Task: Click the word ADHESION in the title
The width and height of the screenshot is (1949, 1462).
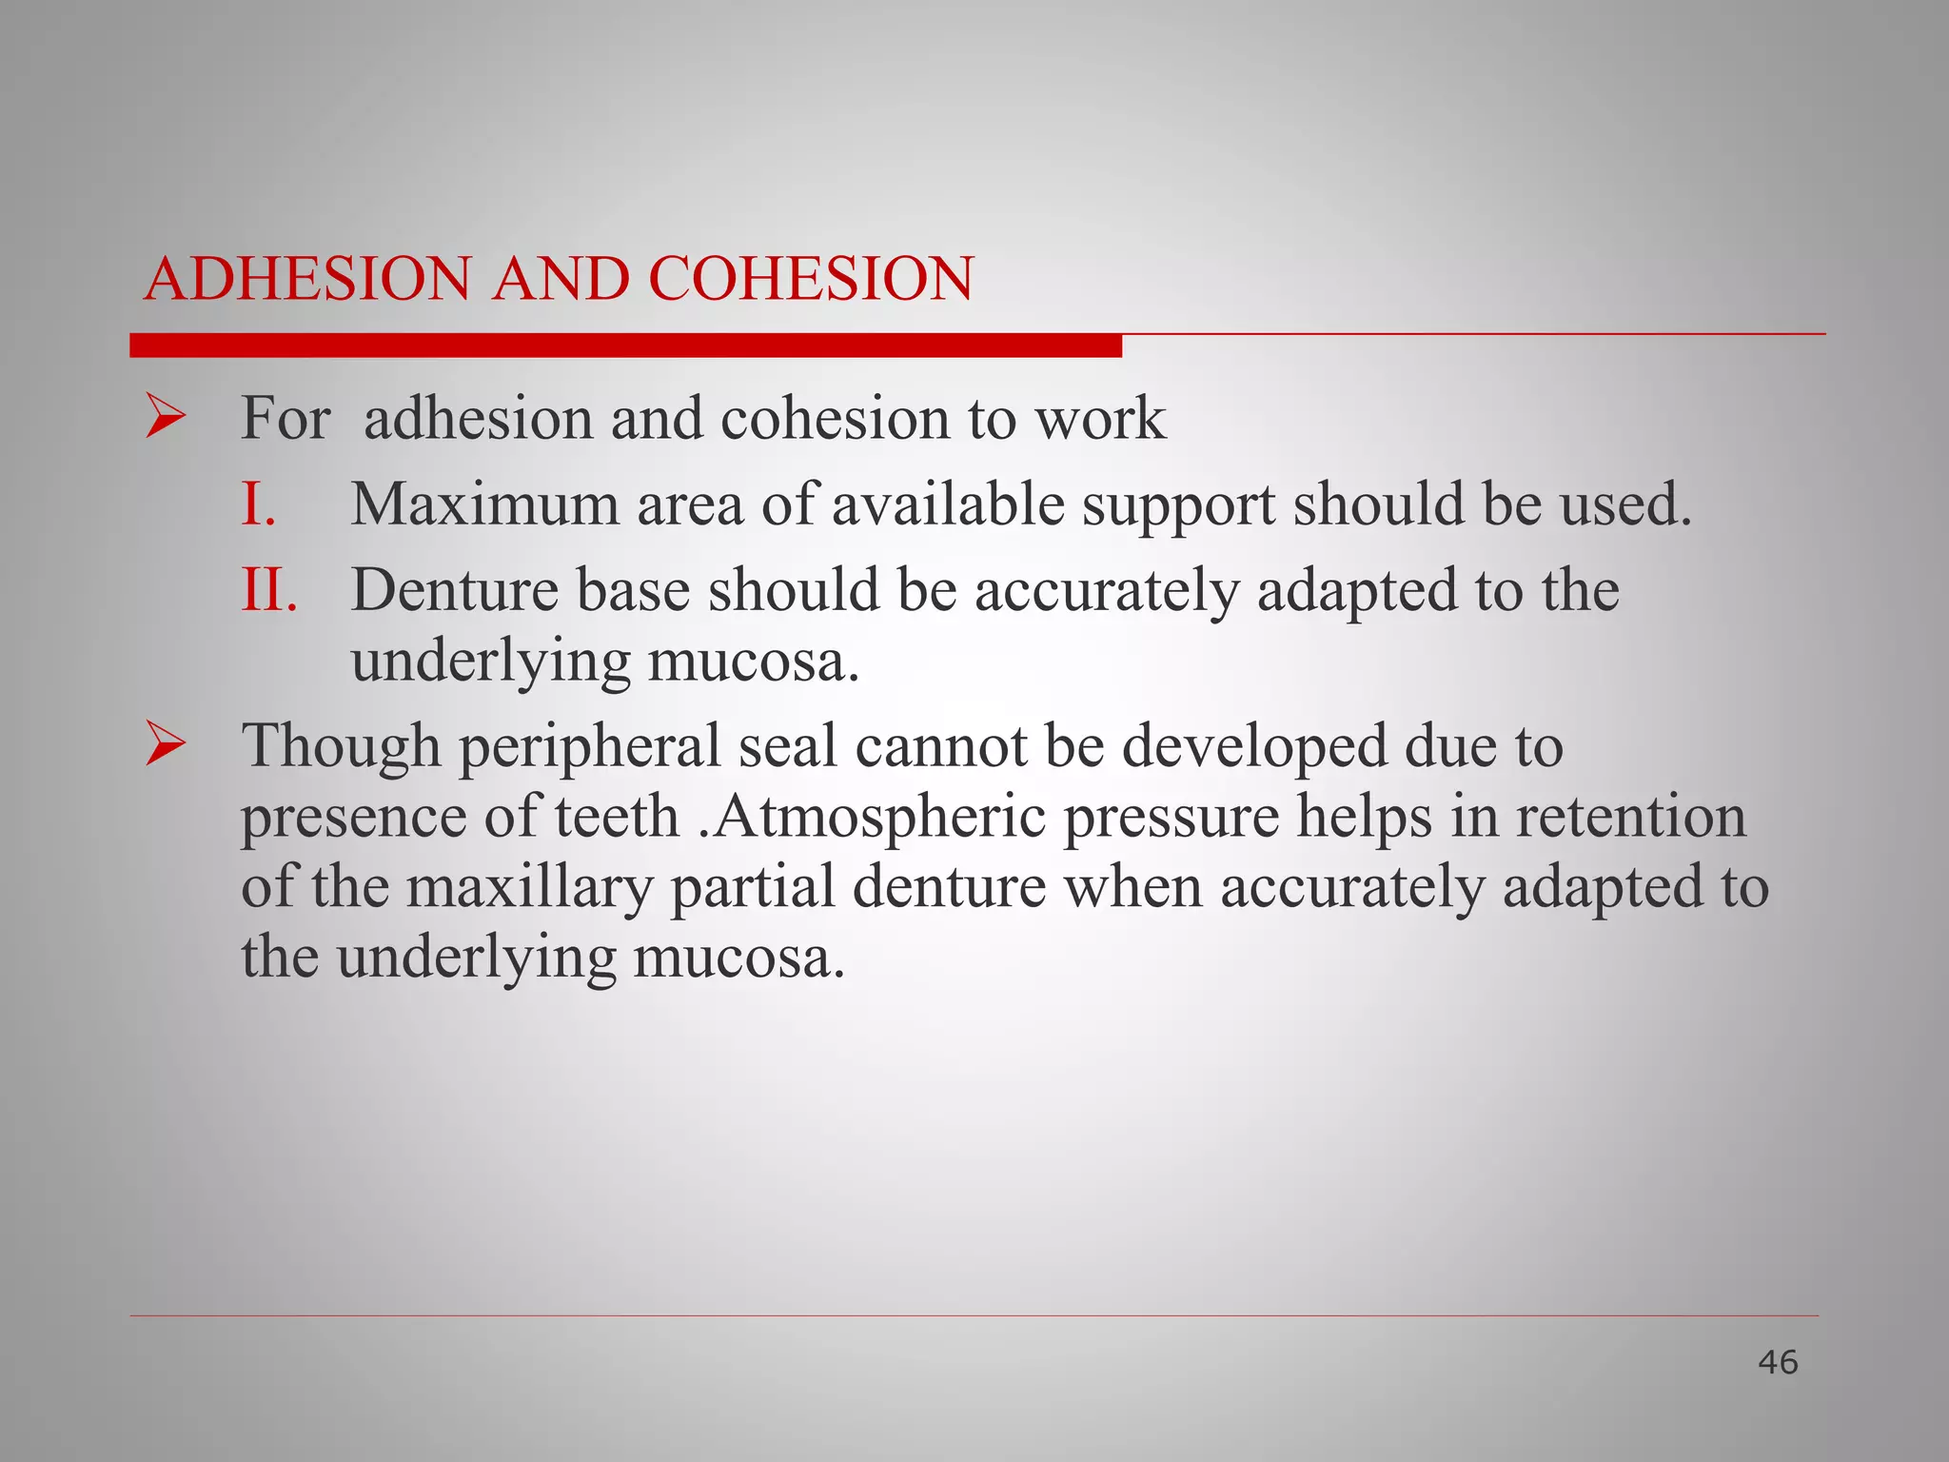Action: [307, 279]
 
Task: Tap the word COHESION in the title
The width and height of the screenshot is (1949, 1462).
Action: [811, 279]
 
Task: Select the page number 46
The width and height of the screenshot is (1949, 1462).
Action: [1778, 1362]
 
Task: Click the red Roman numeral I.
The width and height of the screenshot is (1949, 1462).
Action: [257, 504]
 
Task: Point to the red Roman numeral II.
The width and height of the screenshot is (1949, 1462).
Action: [269, 589]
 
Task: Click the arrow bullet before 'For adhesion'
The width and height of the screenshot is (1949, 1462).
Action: [166, 419]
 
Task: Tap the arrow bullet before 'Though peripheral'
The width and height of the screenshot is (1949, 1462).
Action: [166, 745]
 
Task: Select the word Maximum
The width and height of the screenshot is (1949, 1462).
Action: [484, 504]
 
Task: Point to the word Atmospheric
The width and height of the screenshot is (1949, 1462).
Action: [878, 816]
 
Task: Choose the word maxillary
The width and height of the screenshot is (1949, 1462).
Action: [529, 886]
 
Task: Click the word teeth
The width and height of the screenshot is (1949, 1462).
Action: [617, 816]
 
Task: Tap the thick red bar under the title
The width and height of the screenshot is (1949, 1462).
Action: [625, 346]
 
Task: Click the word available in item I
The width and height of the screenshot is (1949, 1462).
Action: [948, 504]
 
